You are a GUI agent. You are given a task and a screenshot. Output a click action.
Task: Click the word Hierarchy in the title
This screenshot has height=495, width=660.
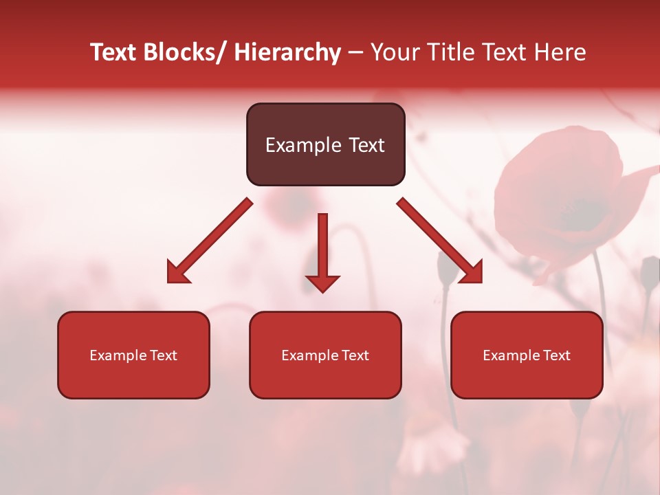pos(287,52)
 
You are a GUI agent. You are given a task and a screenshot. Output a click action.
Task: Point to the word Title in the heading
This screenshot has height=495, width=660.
pos(453,52)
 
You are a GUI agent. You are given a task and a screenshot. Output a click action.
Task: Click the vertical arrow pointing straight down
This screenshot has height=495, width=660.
pos(322,247)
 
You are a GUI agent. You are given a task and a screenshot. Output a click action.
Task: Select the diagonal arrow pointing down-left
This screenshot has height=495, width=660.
pos(210,241)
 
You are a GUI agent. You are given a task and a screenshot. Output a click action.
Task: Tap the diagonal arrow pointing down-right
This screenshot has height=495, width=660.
pos(440,241)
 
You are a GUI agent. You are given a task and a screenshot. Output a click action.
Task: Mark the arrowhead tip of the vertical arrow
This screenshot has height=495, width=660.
pos(322,291)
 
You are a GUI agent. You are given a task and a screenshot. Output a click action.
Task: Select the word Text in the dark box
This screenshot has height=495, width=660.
pos(365,145)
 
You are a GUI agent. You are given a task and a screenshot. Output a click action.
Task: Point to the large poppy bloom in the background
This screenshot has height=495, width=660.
pos(564,199)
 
